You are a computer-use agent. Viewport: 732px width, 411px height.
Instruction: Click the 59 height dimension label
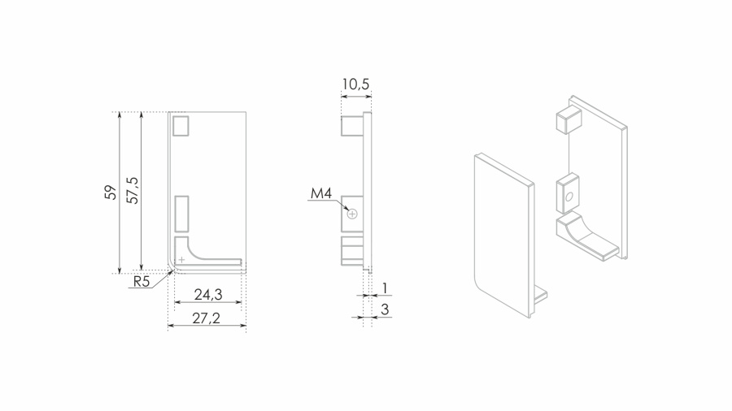coord(110,192)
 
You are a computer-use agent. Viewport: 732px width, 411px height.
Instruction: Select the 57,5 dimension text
coord(133,189)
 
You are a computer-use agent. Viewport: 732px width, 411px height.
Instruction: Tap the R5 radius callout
coord(142,282)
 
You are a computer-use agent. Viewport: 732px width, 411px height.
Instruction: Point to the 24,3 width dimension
coord(208,295)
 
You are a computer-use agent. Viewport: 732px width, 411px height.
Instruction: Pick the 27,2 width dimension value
coord(207,318)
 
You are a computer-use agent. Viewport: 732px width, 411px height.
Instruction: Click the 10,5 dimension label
coord(355,84)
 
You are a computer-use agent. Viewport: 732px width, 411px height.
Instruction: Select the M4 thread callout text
coord(321,193)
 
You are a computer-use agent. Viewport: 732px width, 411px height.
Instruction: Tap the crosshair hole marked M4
coord(352,214)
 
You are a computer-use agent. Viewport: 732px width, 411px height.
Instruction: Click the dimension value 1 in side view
coord(385,288)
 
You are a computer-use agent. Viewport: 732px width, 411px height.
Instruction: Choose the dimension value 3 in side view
coord(385,309)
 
